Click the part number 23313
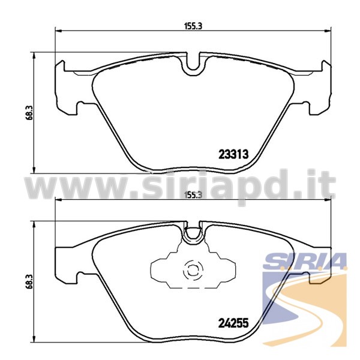pos(233,154)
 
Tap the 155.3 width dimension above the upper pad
pos(193,26)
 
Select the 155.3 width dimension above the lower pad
pos(193,195)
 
